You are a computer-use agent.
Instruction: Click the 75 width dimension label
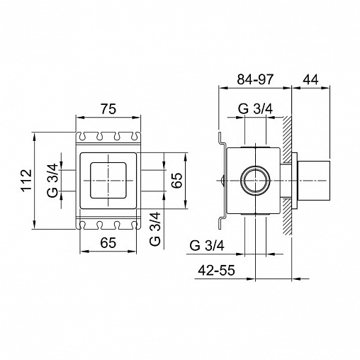(x=108, y=109)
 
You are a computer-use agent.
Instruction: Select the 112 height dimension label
(x=26, y=180)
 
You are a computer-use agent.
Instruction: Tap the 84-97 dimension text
(x=255, y=79)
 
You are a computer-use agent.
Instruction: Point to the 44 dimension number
(x=310, y=79)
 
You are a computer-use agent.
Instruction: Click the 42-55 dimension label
(x=216, y=270)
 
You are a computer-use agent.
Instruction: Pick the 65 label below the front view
(x=108, y=242)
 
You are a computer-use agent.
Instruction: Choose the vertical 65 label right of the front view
(x=177, y=180)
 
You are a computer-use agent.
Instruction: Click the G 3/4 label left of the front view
(x=52, y=181)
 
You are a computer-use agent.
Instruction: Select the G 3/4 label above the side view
(x=255, y=109)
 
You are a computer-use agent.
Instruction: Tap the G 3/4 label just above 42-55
(x=207, y=246)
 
